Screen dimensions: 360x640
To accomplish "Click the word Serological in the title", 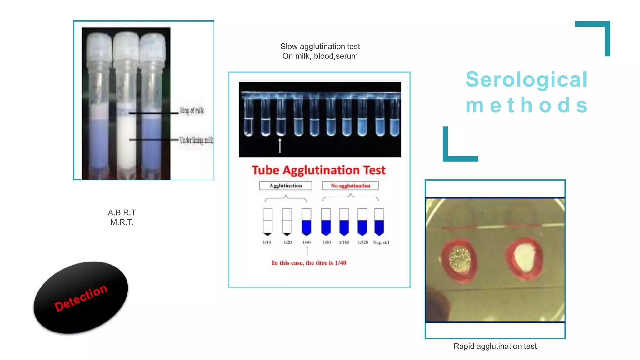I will [x=527, y=79].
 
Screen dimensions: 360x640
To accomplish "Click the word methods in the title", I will [x=527, y=105].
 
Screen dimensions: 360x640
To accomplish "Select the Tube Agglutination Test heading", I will [x=318, y=170].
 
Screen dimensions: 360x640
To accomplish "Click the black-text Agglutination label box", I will [x=286, y=186].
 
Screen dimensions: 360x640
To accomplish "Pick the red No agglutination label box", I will [x=350, y=186].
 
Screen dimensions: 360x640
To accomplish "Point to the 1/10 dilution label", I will [x=267, y=242].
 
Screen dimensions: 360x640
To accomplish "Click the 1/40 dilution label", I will [x=307, y=242].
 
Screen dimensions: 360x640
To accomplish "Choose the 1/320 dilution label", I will [x=363, y=242].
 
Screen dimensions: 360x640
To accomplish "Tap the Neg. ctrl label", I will [x=381, y=242].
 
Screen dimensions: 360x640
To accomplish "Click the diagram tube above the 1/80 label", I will [x=326, y=222].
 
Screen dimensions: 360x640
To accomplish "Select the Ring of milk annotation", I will [x=192, y=111].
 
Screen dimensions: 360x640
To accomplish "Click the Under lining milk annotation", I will [x=196, y=140].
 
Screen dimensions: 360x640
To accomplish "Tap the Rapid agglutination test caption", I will [x=495, y=346].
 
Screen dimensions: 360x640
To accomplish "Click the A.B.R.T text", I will [x=122, y=213].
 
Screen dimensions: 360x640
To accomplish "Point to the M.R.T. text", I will [x=122, y=222].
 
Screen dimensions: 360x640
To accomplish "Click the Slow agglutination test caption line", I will [x=320, y=47].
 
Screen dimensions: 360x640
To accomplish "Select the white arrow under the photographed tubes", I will [x=280, y=146].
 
